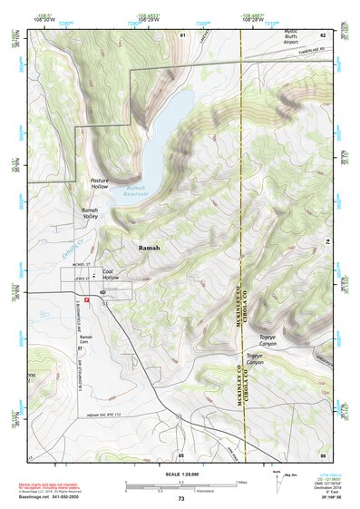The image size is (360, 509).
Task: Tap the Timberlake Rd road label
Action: pos(312,56)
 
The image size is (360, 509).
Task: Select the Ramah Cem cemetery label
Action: pos(85,341)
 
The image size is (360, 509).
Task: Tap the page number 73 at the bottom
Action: pos(181,499)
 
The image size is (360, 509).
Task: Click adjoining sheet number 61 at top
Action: pos(181,34)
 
